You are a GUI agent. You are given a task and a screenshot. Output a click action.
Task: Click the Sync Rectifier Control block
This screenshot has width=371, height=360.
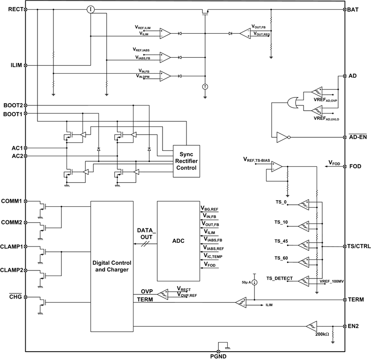pyautogui.click(x=186, y=161)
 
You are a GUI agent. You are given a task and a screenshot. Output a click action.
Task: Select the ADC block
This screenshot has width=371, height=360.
pyautogui.click(x=178, y=241)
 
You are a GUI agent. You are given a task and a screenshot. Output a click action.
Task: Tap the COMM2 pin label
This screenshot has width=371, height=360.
pyautogui.click(x=12, y=222)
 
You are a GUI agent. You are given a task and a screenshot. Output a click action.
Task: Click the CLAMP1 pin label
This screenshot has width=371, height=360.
pyautogui.click(x=12, y=246)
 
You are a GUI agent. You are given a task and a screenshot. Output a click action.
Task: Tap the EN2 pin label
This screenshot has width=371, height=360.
pyautogui.click(x=354, y=326)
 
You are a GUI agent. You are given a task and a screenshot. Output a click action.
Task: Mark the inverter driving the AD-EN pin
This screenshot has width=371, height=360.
pyautogui.click(x=282, y=137)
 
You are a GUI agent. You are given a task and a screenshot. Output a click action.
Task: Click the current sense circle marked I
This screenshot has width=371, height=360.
pyautogui.click(x=91, y=9)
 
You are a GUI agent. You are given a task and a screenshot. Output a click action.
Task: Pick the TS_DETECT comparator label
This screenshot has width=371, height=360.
pyautogui.click(x=279, y=278)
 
